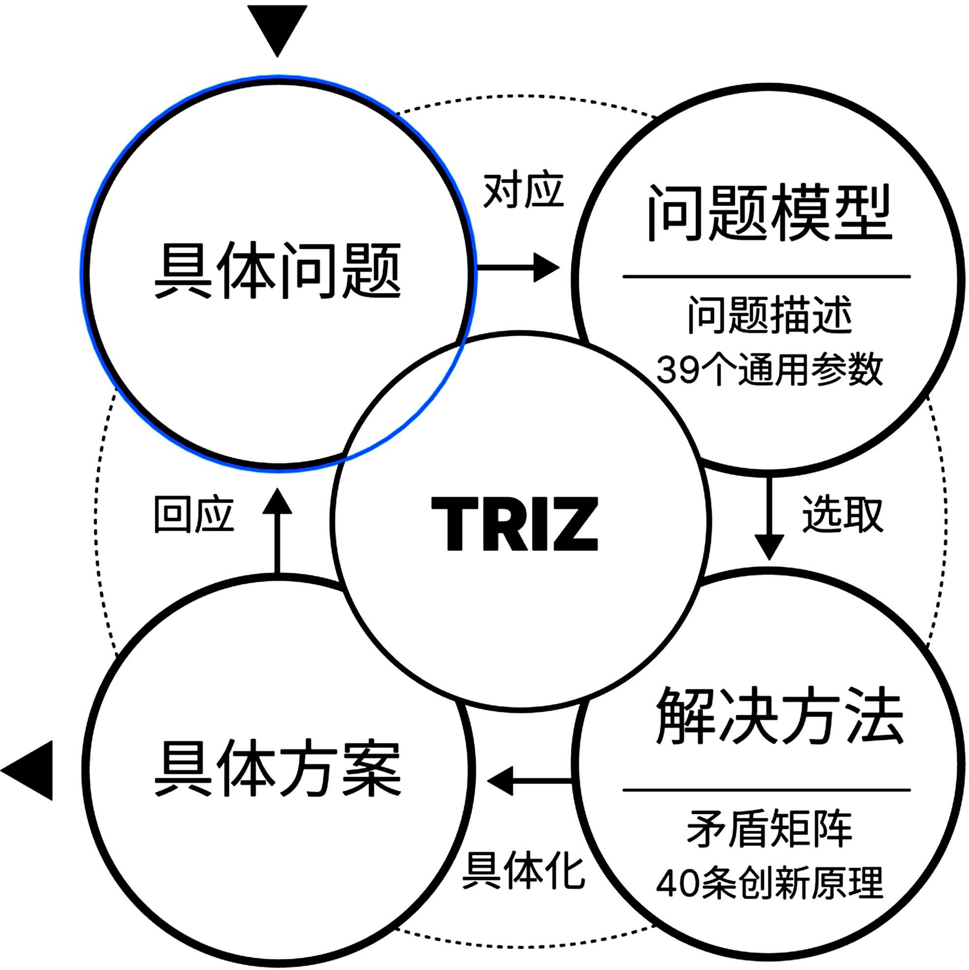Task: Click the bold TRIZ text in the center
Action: (x=514, y=524)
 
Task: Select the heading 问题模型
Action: (x=768, y=213)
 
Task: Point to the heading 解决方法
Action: (x=780, y=716)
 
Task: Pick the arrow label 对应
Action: (x=523, y=191)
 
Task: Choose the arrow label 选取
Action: (x=843, y=514)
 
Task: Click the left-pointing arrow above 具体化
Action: (x=529, y=781)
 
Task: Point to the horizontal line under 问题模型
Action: (x=766, y=277)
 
